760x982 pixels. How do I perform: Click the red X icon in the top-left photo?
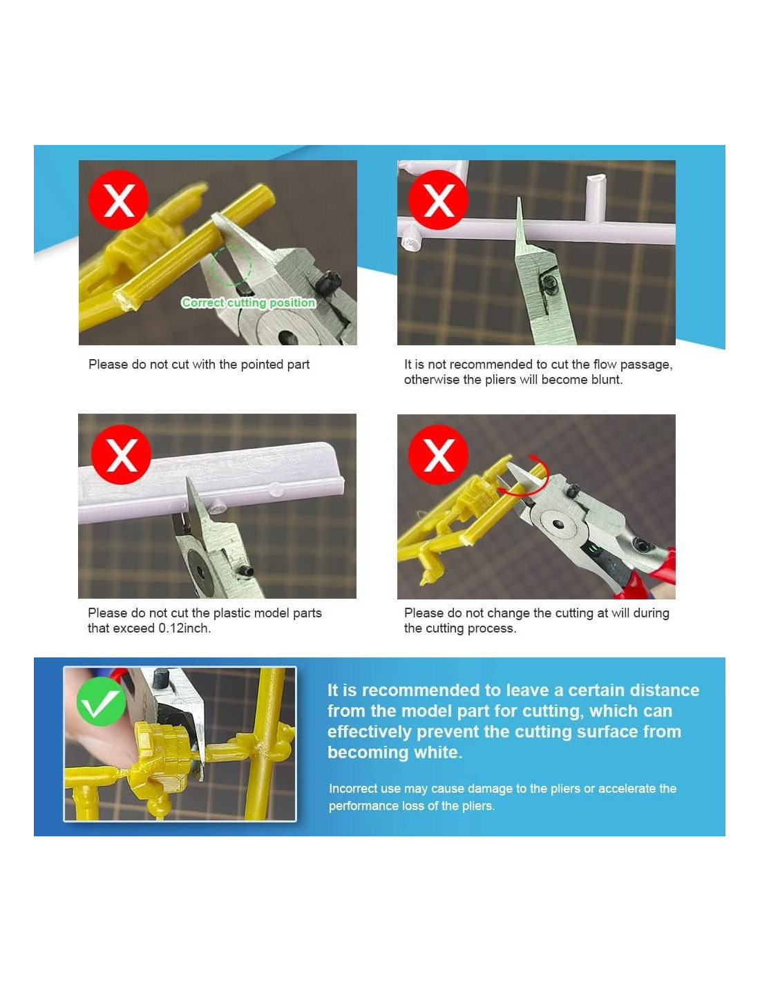[x=118, y=200]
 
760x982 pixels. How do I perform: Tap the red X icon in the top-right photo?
[x=437, y=200]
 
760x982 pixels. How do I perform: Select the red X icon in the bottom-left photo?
[x=121, y=454]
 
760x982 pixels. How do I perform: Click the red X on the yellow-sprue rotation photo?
[x=437, y=454]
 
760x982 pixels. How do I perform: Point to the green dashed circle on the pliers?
[x=231, y=265]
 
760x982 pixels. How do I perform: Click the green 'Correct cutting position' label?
[x=248, y=302]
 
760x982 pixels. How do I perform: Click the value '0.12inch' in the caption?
[x=183, y=628]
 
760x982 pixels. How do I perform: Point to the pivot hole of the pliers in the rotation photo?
[x=559, y=523]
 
